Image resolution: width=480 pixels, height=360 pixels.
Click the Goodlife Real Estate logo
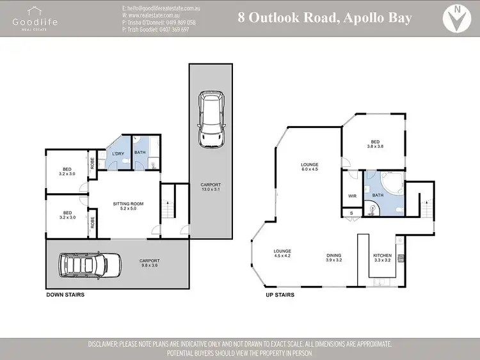35,18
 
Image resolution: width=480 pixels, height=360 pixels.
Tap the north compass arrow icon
456,19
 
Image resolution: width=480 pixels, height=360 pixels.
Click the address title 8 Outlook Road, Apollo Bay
324,17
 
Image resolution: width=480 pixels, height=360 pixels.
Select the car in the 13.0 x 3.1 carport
211,118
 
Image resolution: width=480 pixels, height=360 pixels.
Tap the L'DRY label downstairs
118,153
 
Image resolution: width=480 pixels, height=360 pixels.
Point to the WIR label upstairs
351,196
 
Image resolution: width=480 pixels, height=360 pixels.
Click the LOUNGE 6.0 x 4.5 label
310,167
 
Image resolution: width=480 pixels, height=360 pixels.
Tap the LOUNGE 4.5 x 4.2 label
282,253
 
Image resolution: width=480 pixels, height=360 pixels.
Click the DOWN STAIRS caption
65,295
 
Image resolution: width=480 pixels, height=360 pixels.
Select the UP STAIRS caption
280,295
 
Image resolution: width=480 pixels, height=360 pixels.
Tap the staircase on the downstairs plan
168,203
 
